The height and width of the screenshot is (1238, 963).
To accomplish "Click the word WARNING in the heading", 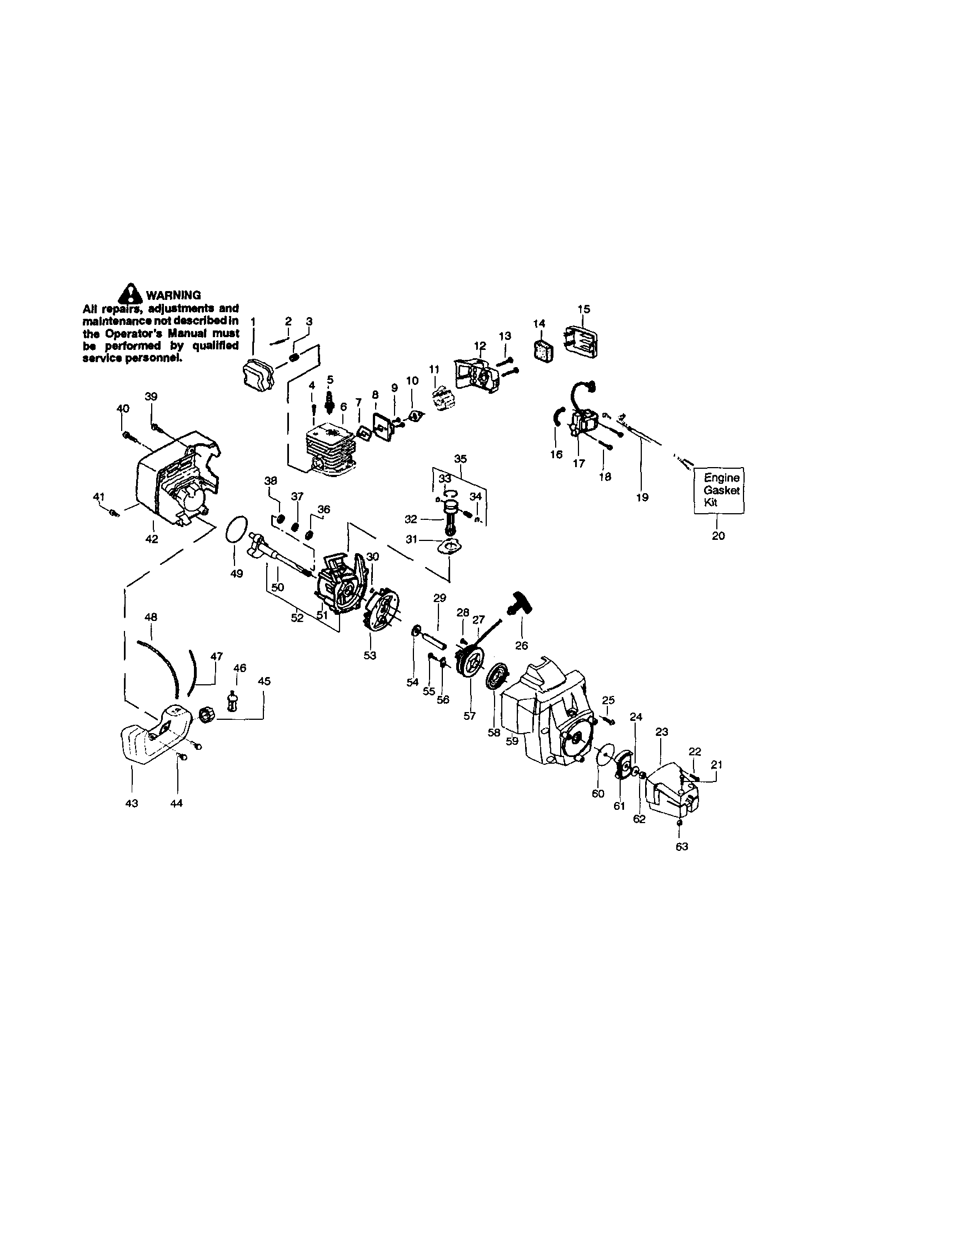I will click(173, 295).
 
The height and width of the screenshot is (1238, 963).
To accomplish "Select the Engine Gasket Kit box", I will click(720, 490).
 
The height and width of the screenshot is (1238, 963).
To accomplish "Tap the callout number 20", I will click(718, 535).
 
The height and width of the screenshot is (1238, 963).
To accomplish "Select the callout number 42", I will click(152, 539).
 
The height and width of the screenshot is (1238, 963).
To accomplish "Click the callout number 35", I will click(460, 458).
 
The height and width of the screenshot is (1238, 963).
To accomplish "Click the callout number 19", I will click(642, 498).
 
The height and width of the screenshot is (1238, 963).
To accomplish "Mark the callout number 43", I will click(132, 803).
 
